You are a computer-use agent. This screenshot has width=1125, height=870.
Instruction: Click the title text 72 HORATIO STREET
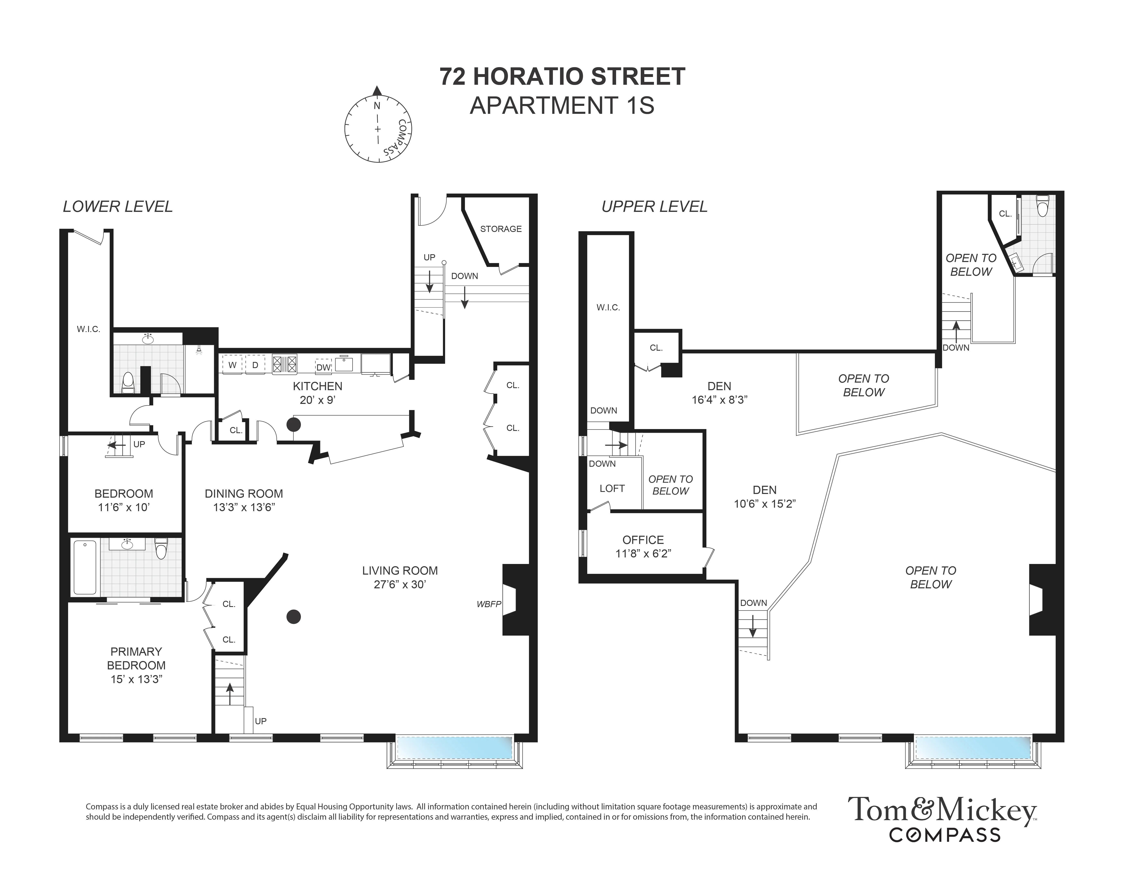click(x=562, y=77)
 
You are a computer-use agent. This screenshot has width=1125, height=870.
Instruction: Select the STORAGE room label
click(x=501, y=229)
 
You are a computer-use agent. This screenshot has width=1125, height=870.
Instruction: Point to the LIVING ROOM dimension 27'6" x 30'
click(x=400, y=584)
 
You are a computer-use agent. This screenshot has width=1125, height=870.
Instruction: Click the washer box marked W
click(x=232, y=365)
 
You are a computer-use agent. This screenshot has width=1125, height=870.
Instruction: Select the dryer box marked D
click(x=255, y=365)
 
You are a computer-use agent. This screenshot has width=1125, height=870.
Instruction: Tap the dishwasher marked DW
click(x=323, y=367)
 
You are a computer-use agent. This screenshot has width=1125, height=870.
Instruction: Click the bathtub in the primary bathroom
click(x=85, y=567)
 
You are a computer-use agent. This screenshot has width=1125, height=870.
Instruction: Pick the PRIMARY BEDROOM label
click(x=136, y=658)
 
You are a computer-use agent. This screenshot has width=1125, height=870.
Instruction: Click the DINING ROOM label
click(x=244, y=494)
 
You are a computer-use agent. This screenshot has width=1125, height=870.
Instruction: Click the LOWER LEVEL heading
click(x=117, y=207)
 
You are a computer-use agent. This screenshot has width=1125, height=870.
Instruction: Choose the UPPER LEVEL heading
click(x=654, y=207)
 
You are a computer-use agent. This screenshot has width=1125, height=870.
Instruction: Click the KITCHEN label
click(x=317, y=386)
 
